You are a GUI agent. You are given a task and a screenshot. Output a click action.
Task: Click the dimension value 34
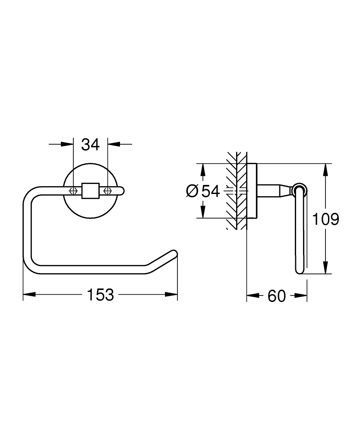[x=91, y=144]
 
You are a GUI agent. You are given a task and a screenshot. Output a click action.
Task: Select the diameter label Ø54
[x=202, y=191]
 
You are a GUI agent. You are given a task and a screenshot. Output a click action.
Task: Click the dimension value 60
[x=277, y=296]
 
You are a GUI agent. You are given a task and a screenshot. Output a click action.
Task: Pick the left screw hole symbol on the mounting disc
[x=73, y=190]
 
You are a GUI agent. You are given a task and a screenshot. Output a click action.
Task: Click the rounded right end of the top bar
[x=122, y=190]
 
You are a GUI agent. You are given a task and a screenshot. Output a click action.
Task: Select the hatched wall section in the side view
[x=236, y=190]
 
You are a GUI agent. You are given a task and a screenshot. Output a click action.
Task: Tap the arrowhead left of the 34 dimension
[x=67, y=144]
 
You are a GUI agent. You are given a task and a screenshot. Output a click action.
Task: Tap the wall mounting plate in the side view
[x=252, y=191]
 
